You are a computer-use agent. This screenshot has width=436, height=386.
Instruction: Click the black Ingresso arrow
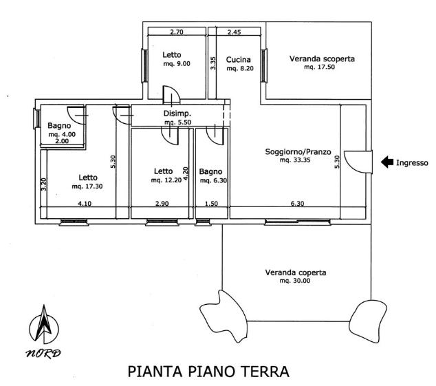point(386,162)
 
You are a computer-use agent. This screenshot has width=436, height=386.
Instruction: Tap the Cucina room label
point(239,60)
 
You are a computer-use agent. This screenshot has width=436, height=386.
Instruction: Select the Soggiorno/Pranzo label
point(298,152)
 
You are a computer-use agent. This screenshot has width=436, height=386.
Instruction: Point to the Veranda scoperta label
point(322,59)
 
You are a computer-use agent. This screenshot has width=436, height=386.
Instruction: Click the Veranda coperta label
point(296,272)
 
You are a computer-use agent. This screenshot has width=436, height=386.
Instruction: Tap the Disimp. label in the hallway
point(177,114)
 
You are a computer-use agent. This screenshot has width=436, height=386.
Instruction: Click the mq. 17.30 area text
point(87,186)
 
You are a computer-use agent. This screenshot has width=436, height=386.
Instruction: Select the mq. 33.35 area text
point(295,160)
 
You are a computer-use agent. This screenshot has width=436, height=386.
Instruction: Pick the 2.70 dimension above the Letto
point(177,32)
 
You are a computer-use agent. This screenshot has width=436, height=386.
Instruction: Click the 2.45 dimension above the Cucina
point(234,32)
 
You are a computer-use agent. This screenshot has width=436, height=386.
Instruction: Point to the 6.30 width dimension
point(297,204)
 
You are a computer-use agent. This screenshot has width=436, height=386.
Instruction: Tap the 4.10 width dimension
point(85,204)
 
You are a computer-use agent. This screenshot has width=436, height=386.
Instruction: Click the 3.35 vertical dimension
point(213,63)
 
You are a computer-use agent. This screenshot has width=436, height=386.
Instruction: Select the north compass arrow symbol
point(44,324)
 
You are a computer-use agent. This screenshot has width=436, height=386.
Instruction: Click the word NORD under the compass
point(43,354)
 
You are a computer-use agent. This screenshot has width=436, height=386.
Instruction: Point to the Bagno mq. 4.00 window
point(36,118)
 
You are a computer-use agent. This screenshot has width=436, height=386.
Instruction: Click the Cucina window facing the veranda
point(264,65)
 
